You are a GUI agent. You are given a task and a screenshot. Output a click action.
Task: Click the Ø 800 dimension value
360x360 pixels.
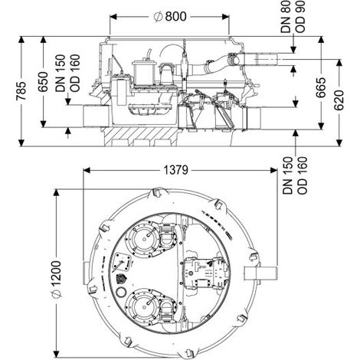click(170, 17)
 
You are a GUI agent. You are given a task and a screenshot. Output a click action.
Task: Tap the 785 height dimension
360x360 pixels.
click(21, 91)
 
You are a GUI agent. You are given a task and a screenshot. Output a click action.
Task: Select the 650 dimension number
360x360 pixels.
click(43, 82)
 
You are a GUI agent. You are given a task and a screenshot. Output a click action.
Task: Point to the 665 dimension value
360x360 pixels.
click(321, 87)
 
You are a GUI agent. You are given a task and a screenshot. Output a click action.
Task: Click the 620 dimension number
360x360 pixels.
click(339, 100)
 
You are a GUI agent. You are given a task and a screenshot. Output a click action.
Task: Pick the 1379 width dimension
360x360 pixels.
click(176, 170)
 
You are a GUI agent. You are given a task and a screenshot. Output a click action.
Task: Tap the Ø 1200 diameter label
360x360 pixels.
click(57, 280)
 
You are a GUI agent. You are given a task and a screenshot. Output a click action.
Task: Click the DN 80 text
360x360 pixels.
click(286, 17)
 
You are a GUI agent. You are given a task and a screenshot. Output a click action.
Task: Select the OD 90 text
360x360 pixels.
click(300, 17)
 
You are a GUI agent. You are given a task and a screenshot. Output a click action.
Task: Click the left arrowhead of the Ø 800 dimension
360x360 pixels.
click(113, 17)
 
